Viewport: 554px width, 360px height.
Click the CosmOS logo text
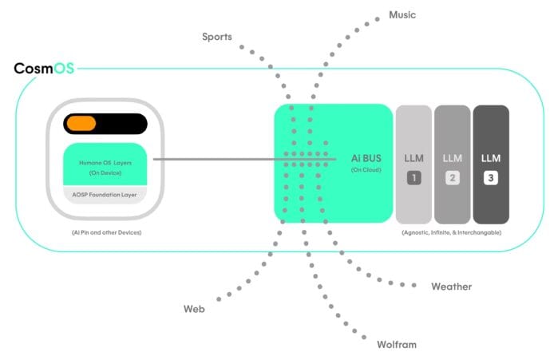coord(44,69)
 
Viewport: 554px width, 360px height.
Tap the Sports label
coord(217,37)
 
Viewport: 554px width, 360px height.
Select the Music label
coord(402,14)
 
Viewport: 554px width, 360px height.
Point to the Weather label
coord(451,287)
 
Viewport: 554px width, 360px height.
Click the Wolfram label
coord(396,345)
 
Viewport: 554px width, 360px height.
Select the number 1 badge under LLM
coord(414,178)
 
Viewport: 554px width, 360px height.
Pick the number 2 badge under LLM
coord(453,178)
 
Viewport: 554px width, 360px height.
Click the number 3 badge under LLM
coord(491,178)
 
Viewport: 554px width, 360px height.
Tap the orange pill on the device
coord(81,124)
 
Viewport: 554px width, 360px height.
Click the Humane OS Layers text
coord(105,163)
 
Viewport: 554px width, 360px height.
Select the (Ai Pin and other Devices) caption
coord(105,232)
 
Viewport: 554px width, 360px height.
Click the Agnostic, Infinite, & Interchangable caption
coord(452,232)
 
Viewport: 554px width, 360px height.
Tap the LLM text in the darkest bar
coord(491,158)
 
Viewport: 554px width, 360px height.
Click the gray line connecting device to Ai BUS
coord(216,159)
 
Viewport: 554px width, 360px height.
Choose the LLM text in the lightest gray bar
coord(414,158)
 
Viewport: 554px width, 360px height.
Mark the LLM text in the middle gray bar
coord(453,158)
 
